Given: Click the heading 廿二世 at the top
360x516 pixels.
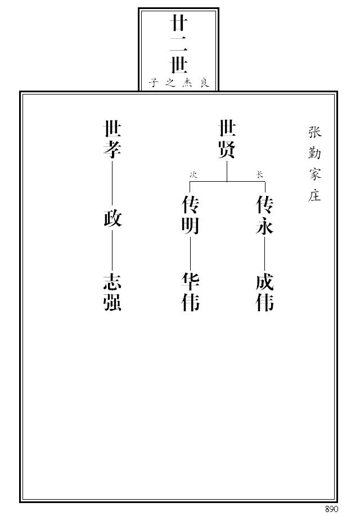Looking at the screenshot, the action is tap(179, 46).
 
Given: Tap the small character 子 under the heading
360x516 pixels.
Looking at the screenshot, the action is tap(154, 82).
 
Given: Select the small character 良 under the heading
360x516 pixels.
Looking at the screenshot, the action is tap(204, 82).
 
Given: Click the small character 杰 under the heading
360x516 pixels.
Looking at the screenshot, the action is tap(187, 82).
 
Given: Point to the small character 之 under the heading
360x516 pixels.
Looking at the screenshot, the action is tap(170, 82).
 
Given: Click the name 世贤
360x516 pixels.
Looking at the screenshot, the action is tap(227, 140).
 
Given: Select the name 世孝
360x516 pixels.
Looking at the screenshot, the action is tap(112, 140).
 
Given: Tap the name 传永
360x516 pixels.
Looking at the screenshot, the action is tap(265, 215).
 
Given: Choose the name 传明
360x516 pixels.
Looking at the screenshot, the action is tap(190, 215).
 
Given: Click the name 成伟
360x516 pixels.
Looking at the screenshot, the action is tap(265, 292).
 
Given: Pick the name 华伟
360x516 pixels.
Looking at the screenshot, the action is tap(190, 292).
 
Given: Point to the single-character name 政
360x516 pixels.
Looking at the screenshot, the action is tap(112, 218).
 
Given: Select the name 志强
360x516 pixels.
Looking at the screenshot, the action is tap(112, 292).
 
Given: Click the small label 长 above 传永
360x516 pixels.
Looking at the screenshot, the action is tap(260, 175).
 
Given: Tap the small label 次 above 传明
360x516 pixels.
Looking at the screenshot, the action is tap(193, 175).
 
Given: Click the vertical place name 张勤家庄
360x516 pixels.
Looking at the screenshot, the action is tap(314, 164).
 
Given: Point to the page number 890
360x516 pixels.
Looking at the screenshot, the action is tap(331, 509).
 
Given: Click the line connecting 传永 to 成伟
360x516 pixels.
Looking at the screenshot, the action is tap(265, 254).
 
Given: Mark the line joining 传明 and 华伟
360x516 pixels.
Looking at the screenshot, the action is tap(190, 254).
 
